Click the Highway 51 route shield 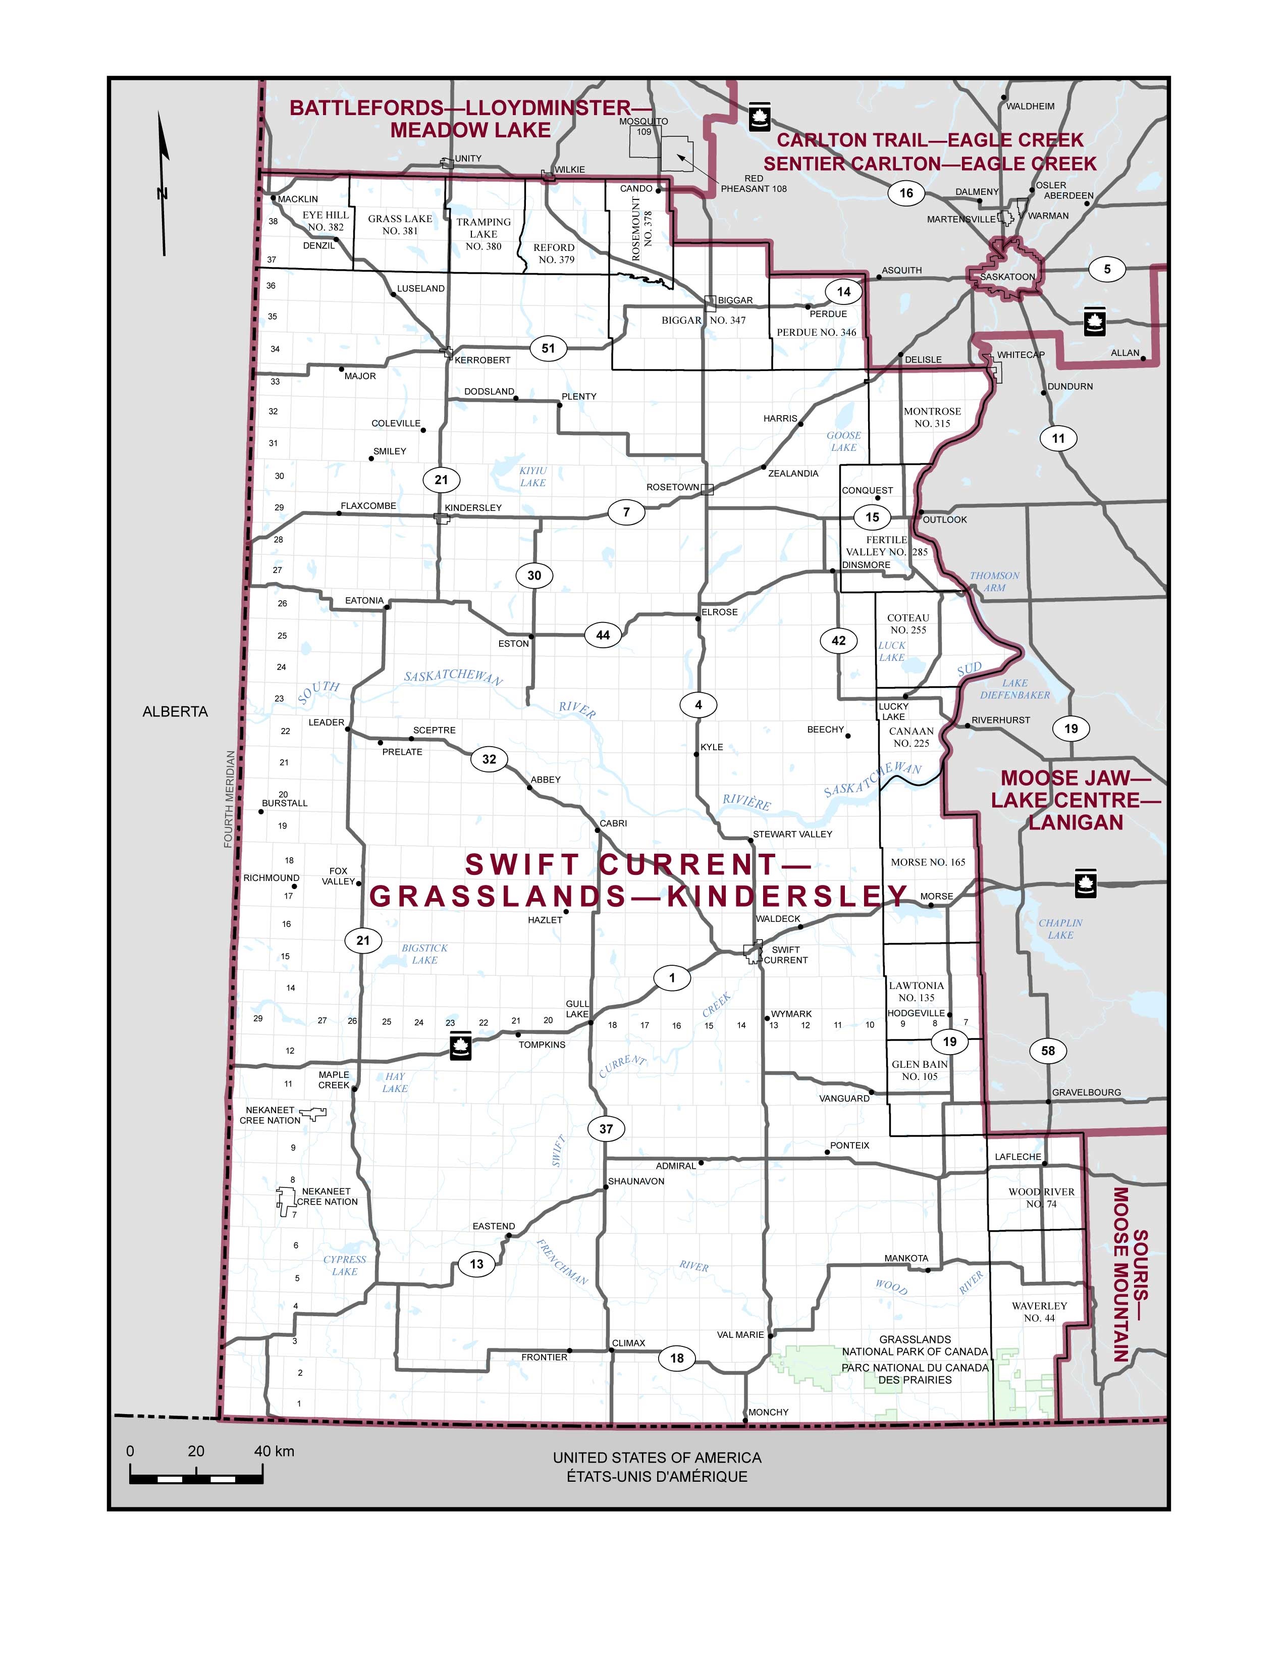click(x=548, y=349)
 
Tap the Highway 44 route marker click(x=602, y=635)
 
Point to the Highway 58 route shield click(x=1048, y=1051)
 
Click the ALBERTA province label click(x=175, y=712)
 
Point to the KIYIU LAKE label click(x=533, y=477)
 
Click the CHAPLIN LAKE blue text click(x=1060, y=928)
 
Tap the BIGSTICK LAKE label click(x=424, y=954)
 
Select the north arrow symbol click(x=163, y=183)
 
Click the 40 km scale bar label click(x=274, y=1451)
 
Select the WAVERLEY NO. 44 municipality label click(x=1039, y=1311)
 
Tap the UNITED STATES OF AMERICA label click(x=657, y=1458)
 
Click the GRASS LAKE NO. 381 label click(x=400, y=224)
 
